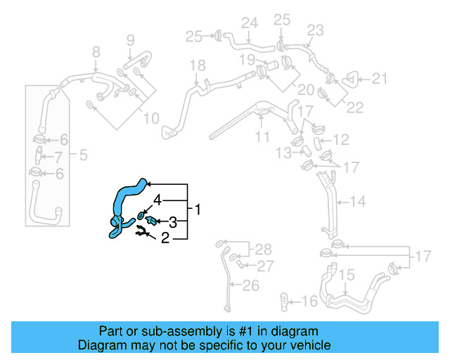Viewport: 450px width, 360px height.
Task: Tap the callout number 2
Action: point(165,238)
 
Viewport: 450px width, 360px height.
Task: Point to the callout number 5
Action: point(83,155)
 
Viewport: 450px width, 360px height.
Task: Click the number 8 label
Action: point(96,51)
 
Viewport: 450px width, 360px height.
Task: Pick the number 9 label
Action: point(130,40)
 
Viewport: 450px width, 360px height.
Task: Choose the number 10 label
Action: point(151,119)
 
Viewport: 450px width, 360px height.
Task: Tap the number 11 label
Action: point(262,137)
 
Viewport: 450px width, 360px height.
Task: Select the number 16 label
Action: point(309,302)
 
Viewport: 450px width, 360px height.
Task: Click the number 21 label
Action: point(380,79)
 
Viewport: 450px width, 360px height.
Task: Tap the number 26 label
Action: point(250,285)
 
